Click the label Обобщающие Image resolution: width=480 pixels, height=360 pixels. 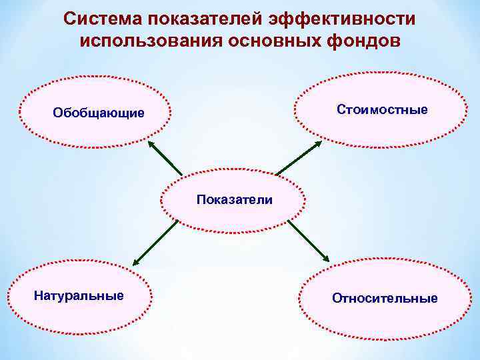click(x=99, y=113)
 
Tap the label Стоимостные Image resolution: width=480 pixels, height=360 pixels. click(x=383, y=109)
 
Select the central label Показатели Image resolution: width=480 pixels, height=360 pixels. click(x=234, y=199)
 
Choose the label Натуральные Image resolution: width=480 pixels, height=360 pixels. click(x=79, y=295)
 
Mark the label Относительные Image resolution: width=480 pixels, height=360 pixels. click(x=385, y=298)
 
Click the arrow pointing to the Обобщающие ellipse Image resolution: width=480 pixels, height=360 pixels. click(x=164, y=158)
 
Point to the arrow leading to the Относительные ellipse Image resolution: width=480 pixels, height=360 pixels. click(x=309, y=241)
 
